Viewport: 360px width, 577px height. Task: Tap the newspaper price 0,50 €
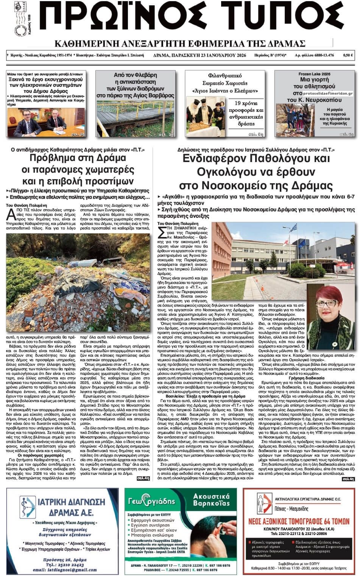pyautogui.click(x=348, y=55)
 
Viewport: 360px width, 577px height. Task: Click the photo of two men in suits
pyautogui.click(x=45, y=122)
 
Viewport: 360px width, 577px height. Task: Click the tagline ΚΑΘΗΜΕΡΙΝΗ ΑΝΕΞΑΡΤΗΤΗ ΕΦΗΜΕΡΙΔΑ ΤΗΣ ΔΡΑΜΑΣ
pyautogui.click(x=180, y=43)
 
